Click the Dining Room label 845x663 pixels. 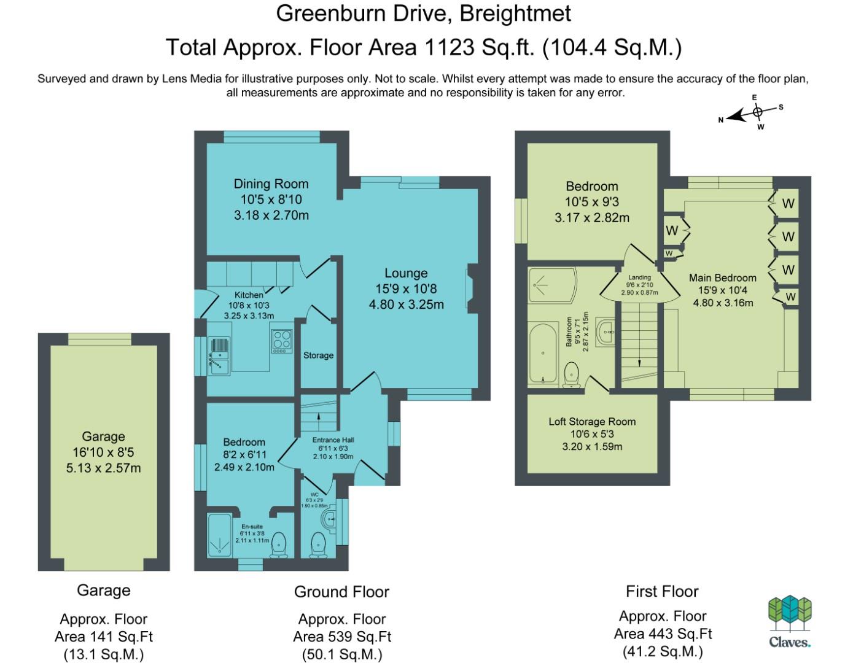pyautogui.click(x=271, y=184)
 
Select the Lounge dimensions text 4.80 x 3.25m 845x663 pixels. pyautogui.click(x=407, y=304)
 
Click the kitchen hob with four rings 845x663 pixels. pyautogui.click(x=282, y=341)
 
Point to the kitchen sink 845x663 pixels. pyautogui.click(x=220, y=356)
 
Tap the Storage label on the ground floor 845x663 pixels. pyautogui.click(x=318, y=355)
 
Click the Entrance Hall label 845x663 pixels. pyautogui.click(x=333, y=440)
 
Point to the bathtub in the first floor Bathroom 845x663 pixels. pyautogui.click(x=543, y=353)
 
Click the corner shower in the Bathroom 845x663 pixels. pyautogui.click(x=552, y=285)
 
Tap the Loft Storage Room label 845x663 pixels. pyautogui.click(x=592, y=422)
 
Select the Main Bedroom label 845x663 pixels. pyautogui.click(x=723, y=278)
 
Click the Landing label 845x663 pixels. pyautogui.click(x=639, y=277)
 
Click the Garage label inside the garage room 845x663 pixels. pyautogui.click(x=103, y=437)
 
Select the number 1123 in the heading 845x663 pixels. pyautogui.click(x=449, y=47)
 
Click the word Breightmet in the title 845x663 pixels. pyautogui.click(x=515, y=14)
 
